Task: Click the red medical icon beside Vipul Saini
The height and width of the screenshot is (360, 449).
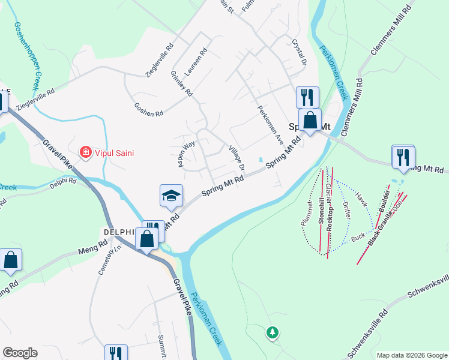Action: point(86,153)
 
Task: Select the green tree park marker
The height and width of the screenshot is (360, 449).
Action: point(273,332)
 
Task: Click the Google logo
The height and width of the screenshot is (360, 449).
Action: point(20,353)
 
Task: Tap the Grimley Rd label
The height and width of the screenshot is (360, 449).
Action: point(181,84)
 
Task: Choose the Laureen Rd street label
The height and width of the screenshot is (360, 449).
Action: point(196,62)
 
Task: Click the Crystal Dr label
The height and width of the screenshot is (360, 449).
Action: point(299,53)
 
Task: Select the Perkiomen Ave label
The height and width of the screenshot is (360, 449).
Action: point(270,120)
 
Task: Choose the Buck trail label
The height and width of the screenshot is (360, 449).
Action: point(358,238)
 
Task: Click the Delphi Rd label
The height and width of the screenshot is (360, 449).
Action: point(63,182)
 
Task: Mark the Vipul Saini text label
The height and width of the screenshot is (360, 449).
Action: point(113,153)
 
